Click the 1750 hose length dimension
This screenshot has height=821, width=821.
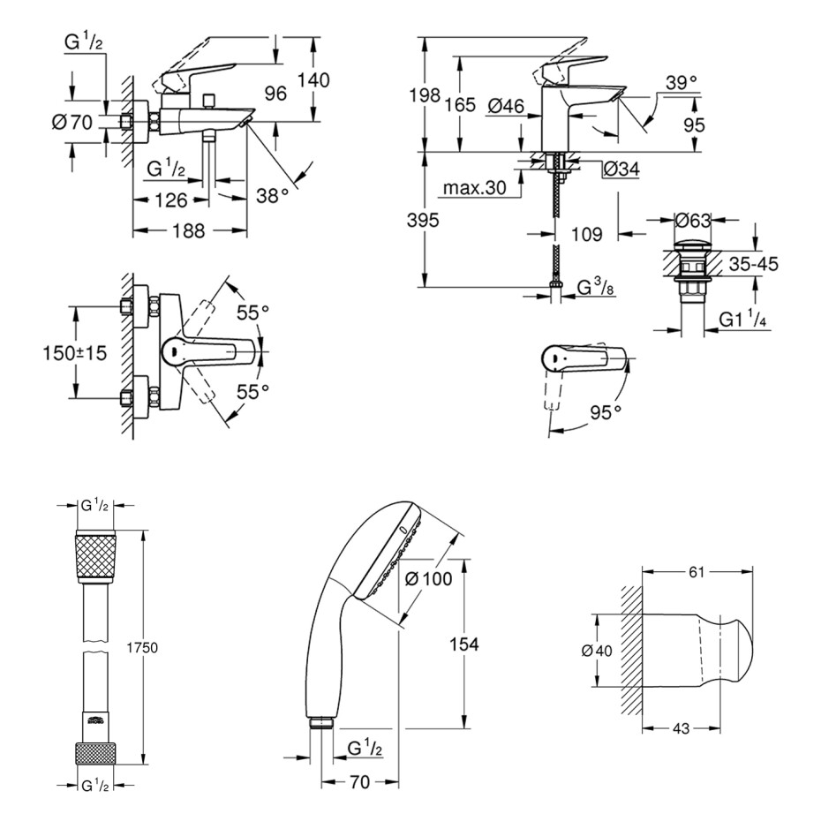coord(142,648)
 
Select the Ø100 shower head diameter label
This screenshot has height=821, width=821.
coord(429,578)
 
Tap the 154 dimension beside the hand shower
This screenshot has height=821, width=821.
coord(463,644)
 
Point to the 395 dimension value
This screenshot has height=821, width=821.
coord(423,221)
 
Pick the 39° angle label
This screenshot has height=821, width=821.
coord(682,83)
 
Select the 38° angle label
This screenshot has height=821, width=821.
coord(272,195)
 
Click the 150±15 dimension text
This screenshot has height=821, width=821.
coord(74,353)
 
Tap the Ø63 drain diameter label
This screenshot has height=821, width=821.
coord(692,221)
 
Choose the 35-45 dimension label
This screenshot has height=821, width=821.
coord(753,264)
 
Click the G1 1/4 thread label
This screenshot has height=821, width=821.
coord(742,319)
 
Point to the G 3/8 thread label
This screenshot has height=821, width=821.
coord(596,287)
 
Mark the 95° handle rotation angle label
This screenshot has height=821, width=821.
coord(606,413)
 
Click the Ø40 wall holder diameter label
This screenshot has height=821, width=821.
coord(597,651)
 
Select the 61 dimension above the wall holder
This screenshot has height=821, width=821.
coord(697,572)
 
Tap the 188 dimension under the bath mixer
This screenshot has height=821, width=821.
coord(189,230)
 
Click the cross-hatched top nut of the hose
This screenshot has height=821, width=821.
coord(95,556)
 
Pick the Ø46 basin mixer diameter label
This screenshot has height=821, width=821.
coord(506,106)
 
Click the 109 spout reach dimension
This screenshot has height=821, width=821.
coord(586,234)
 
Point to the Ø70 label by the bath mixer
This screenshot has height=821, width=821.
coord(72,123)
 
